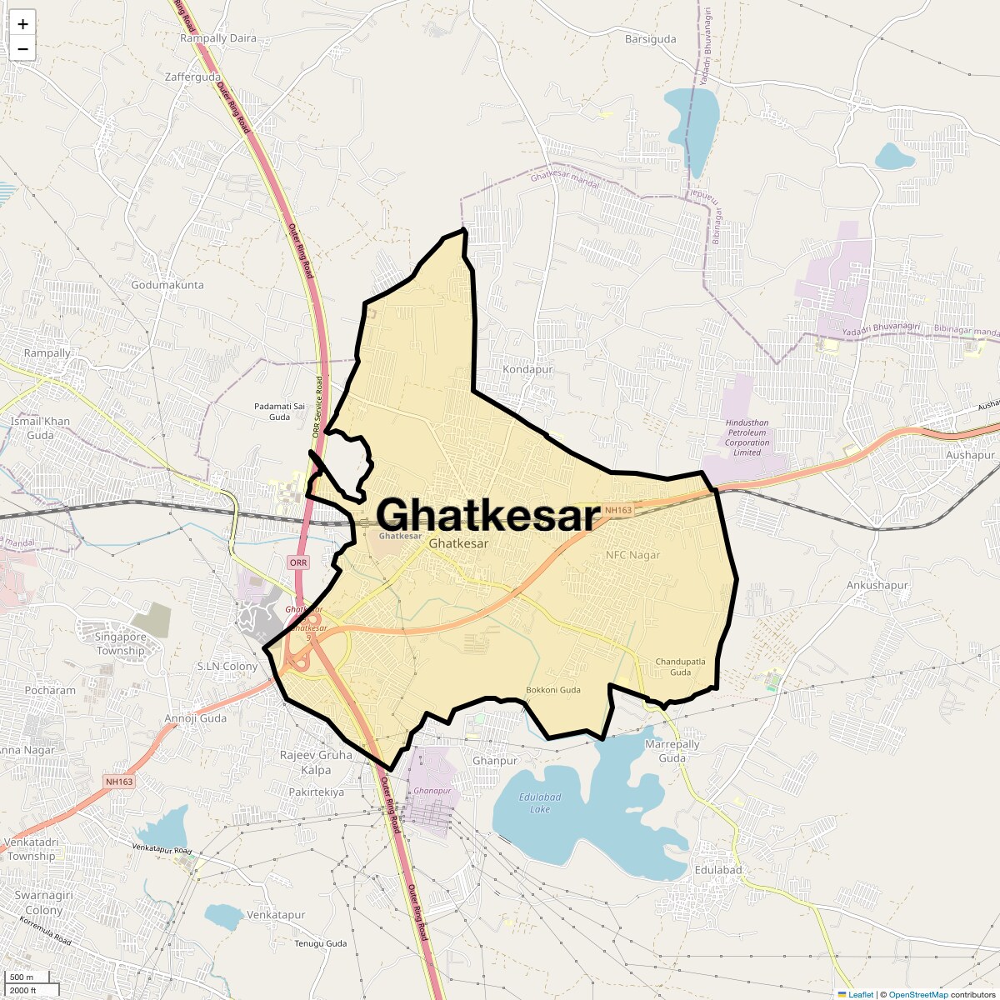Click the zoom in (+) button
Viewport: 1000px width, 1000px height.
click(x=22, y=24)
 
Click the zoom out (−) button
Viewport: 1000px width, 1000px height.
click(x=22, y=48)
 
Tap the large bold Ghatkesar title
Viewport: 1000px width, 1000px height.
click(x=488, y=515)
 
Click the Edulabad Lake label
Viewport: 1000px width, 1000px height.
click(x=540, y=802)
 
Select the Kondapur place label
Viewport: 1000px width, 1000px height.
click(x=527, y=369)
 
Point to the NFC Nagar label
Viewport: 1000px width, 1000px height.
click(x=632, y=555)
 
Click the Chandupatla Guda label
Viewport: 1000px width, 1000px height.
click(x=680, y=667)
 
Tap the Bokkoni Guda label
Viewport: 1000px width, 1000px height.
click(x=553, y=690)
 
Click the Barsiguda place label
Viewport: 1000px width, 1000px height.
click(x=650, y=39)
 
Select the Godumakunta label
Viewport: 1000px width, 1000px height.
click(x=167, y=285)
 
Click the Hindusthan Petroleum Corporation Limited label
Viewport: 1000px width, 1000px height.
click(x=747, y=437)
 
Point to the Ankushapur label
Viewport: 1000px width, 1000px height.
click(x=877, y=585)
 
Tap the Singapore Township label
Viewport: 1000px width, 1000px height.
click(x=120, y=643)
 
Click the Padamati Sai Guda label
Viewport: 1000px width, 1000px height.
click(x=272, y=411)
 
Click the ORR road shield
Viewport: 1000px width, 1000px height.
click(x=298, y=562)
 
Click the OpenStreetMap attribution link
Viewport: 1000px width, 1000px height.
click(x=917, y=994)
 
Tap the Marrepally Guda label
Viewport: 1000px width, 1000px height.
click(x=672, y=751)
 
